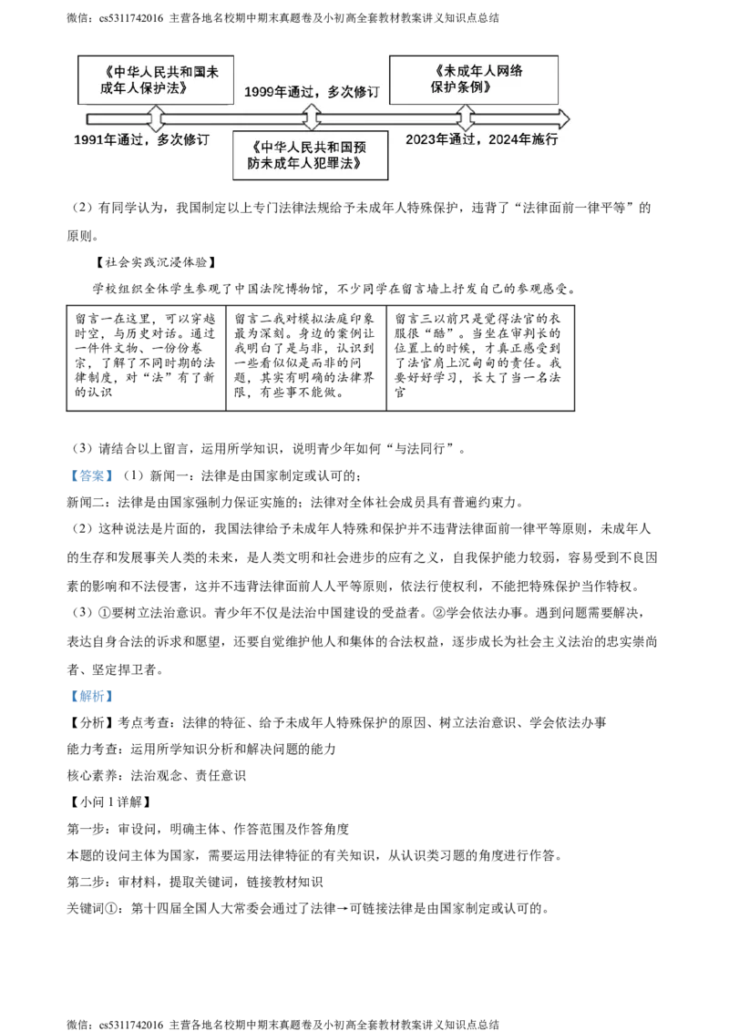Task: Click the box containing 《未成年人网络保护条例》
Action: pos(474,79)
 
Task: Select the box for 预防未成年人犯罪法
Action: pos(310,155)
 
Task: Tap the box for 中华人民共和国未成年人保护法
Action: pos(154,80)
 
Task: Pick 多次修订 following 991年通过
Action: pos(183,139)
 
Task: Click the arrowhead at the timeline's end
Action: pos(562,118)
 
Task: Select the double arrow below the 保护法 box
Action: pos(156,118)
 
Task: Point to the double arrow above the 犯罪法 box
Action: pos(312,117)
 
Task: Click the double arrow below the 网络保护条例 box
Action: pos(465,117)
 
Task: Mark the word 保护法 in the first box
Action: pos(168,88)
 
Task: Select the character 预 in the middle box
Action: pos(359,147)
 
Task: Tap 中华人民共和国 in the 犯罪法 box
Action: pos(297,147)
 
